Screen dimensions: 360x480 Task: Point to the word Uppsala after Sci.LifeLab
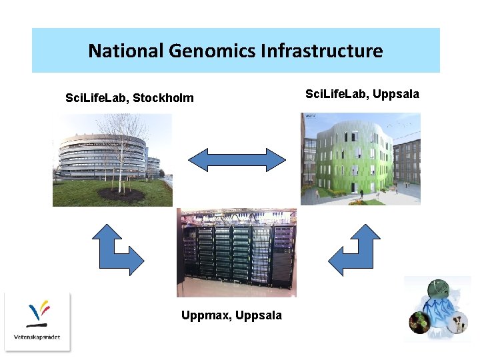(396, 94)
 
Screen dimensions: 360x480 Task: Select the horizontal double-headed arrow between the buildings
(237, 160)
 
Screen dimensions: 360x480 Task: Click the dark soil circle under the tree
(121, 195)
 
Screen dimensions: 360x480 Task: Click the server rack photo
(236, 252)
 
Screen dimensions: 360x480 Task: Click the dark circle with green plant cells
(419, 323)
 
